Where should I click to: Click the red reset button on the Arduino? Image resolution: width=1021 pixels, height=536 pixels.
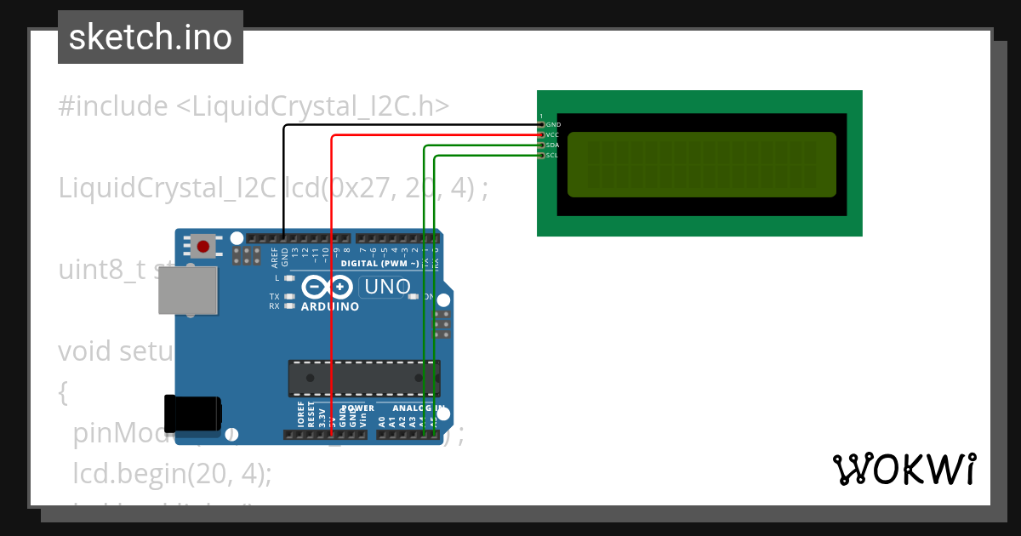(x=202, y=248)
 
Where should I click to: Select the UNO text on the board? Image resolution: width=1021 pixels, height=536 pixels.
(x=388, y=288)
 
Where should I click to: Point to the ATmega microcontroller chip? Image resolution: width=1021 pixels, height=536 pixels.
(x=363, y=379)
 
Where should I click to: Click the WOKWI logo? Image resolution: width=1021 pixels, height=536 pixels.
(x=904, y=469)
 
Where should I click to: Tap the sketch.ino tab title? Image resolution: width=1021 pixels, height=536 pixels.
(x=151, y=37)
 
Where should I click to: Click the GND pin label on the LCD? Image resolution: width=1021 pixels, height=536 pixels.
(x=553, y=125)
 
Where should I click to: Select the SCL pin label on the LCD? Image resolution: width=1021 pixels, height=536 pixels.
(x=552, y=156)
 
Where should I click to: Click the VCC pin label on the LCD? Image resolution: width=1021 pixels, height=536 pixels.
(x=552, y=135)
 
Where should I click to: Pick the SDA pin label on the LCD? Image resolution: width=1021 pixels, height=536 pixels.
(x=552, y=145)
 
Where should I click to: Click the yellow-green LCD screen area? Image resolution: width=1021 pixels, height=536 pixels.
(x=701, y=164)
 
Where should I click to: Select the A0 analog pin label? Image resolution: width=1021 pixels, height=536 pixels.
(x=381, y=420)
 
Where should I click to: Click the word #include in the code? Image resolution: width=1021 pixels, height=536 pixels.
(x=113, y=106)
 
